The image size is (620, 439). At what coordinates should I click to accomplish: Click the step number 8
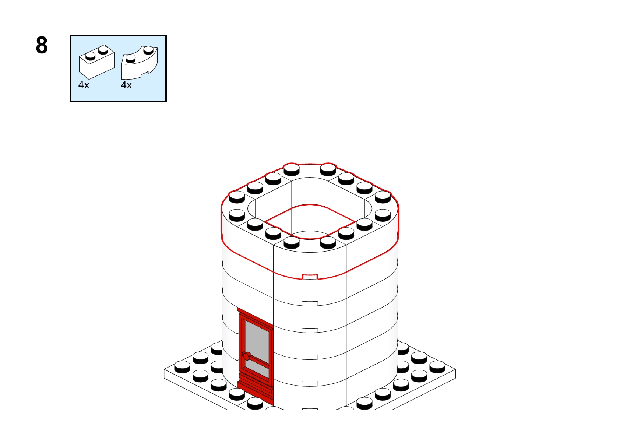click(42, 45)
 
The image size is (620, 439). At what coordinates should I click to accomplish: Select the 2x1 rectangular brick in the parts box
click(96, 62)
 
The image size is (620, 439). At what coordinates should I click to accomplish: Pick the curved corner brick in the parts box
click(140, 63)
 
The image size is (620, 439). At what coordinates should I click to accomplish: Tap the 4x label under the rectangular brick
click(84, 85)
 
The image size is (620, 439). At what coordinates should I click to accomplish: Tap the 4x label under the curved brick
click(126, 85)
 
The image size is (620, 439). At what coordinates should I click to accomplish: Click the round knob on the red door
click(246, 356)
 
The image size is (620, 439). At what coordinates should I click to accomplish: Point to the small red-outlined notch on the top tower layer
click(310, 277)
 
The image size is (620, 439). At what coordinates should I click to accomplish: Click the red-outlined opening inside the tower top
click(310, 221)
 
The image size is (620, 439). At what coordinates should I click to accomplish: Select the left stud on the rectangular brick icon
click(90, 56)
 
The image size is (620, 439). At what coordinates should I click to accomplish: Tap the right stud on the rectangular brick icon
click(103, 50)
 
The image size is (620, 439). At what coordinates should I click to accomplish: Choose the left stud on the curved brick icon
click(130, 58)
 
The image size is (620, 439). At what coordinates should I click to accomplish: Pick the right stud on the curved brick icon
click(148, 50)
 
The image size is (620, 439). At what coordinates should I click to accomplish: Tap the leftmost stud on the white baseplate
click(182, 367)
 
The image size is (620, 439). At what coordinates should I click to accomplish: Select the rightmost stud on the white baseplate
click(437, 367)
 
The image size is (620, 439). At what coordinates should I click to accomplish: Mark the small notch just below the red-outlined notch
click(310, 303)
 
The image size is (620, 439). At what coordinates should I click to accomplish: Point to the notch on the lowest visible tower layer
click(310, 384)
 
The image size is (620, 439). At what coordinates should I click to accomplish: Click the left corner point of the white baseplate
click(164, 369)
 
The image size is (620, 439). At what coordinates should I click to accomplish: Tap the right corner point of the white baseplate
click(455, 369)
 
